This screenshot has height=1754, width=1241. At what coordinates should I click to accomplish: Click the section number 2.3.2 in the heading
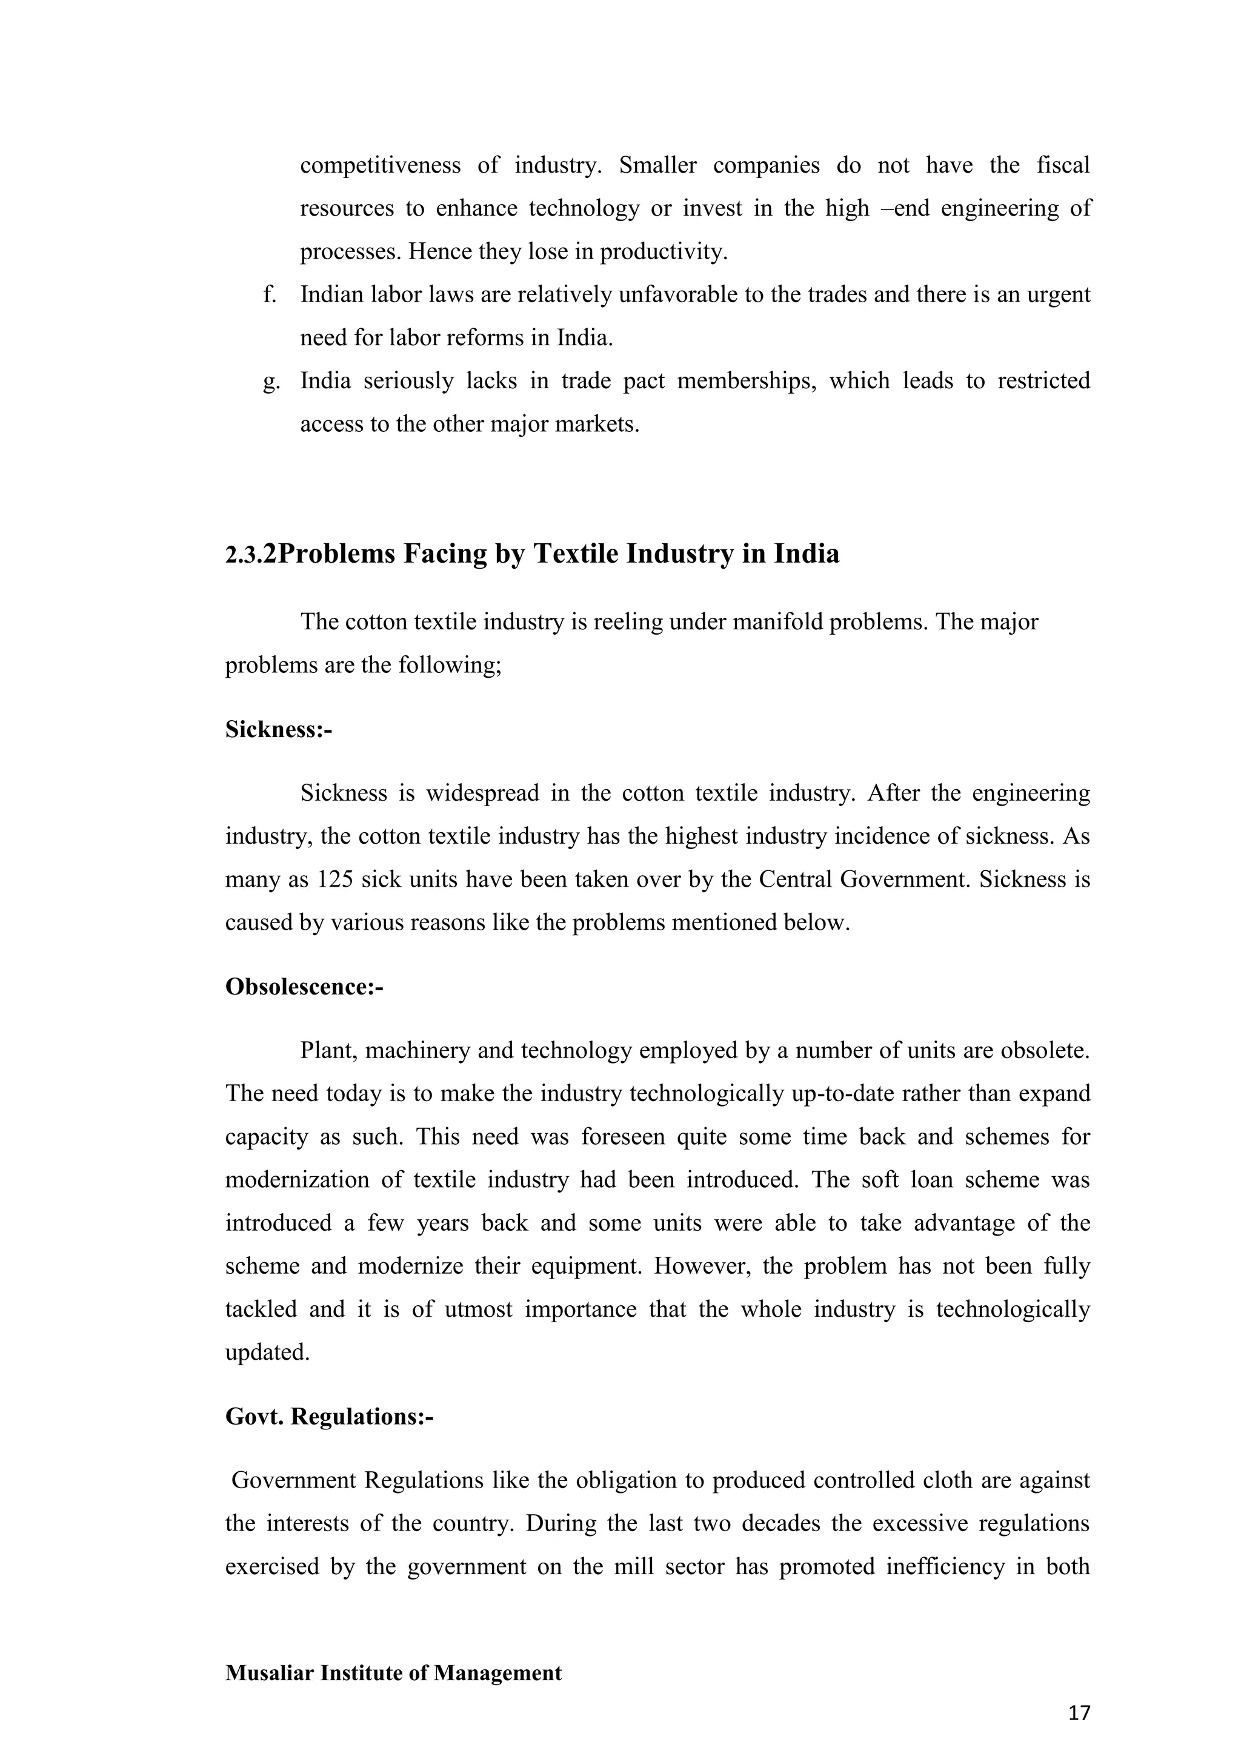click(x=250, y=555)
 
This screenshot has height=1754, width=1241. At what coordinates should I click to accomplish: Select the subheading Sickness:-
click(x=278, y=730)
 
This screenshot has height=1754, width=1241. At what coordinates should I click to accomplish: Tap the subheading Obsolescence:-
click(x=304, y=987)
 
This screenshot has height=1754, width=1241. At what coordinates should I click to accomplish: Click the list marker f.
click(x=268, y=294)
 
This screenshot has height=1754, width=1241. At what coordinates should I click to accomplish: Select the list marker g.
click(x=270, y=380)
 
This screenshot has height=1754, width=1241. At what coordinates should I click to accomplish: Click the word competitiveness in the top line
click(x=380, y=165)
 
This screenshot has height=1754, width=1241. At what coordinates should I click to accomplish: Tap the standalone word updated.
click(x=267, y=1353)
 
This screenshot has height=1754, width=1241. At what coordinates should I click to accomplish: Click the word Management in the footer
click(x=497, y=1672)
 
